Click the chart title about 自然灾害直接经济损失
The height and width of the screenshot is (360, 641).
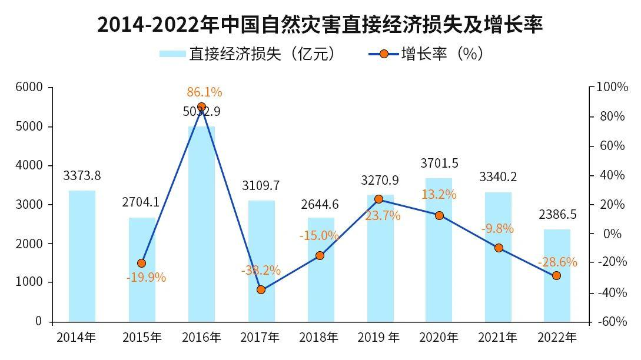pos(320,25)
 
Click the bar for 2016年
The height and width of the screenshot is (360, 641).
pos(201,224)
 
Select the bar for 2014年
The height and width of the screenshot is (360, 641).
pos(82,256)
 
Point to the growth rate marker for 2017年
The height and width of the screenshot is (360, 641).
pos(261,290)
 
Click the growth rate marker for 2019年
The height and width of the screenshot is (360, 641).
pos(378,199)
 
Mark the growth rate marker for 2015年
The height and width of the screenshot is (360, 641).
pos(141,264)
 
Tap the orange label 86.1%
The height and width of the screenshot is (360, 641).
pos(204,92)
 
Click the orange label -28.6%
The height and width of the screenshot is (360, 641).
pos(557,262)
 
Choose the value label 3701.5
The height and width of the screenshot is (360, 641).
pos(439,163)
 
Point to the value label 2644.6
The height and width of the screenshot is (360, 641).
pos(320,205)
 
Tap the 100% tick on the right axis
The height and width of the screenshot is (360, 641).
pos(612,87)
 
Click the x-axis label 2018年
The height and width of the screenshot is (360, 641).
pos(318,338)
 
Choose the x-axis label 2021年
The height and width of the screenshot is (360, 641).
pos(497,338)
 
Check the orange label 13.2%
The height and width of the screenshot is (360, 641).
pos(439,195)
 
